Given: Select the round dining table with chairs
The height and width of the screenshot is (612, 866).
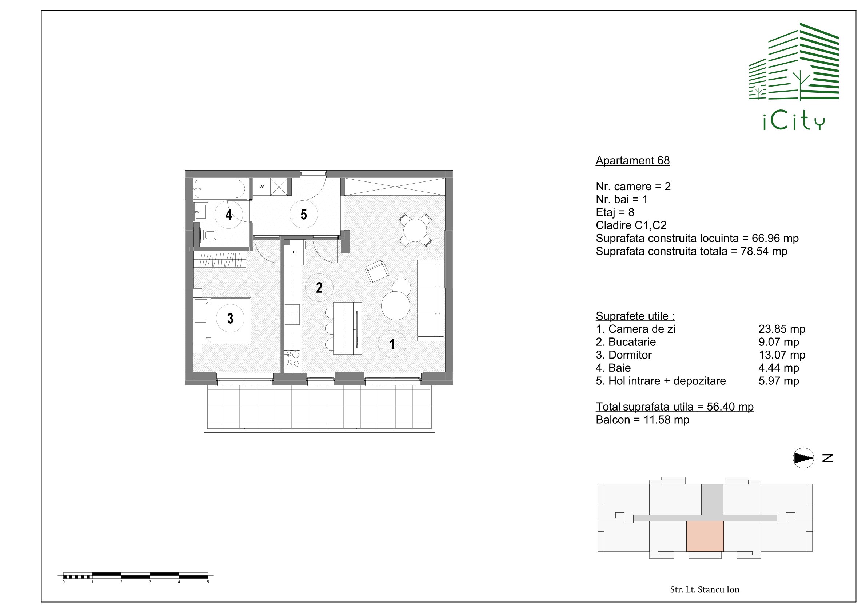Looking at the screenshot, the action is click(x=415, y=230).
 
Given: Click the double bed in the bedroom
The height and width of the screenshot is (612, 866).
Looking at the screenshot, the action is click(x=223, y=320).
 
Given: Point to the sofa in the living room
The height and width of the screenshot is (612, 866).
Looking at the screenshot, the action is click(x=431, y=300).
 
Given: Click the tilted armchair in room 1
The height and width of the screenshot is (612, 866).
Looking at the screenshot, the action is click(x=377, y=271).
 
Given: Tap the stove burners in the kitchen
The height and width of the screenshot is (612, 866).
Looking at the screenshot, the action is click(x=292, y=358).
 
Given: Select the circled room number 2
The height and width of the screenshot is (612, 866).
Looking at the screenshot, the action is click(x=319, y=288).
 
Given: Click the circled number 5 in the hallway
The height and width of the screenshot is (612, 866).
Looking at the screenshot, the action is click(x=304, y=215).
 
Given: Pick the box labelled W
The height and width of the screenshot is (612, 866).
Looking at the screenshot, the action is click(x=262, y=187).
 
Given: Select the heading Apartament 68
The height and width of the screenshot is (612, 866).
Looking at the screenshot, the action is click(x=632, y=161).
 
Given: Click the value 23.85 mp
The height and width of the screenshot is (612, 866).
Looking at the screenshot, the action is click(x=782, y=329).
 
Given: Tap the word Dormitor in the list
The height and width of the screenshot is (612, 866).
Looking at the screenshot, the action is click(x=630, y=355).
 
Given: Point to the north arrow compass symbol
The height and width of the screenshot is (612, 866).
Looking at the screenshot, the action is click(x=803, y=458).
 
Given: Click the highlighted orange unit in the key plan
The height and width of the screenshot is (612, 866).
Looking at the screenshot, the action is click(x=705, y=536).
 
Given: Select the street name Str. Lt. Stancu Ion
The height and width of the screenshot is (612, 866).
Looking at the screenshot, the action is click(x=705, y=589).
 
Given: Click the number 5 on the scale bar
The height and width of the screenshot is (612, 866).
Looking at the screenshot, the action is click(x=208, y=582).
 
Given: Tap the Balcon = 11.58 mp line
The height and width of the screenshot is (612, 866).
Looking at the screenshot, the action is click(x=642, y=420).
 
